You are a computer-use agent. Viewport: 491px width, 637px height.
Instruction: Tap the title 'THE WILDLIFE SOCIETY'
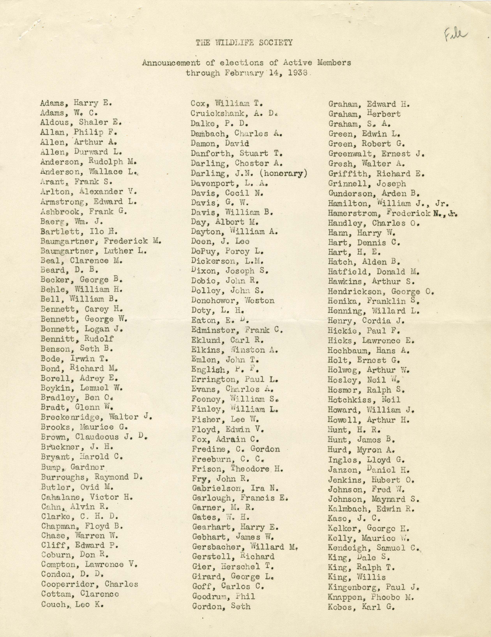[x=244, y=43]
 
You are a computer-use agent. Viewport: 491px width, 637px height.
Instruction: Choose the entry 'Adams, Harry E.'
[x=76, y=103]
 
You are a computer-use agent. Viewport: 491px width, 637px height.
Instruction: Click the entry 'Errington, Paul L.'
[x=235, y=380]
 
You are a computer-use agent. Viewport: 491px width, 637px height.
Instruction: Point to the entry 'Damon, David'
[x=220, y=144]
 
